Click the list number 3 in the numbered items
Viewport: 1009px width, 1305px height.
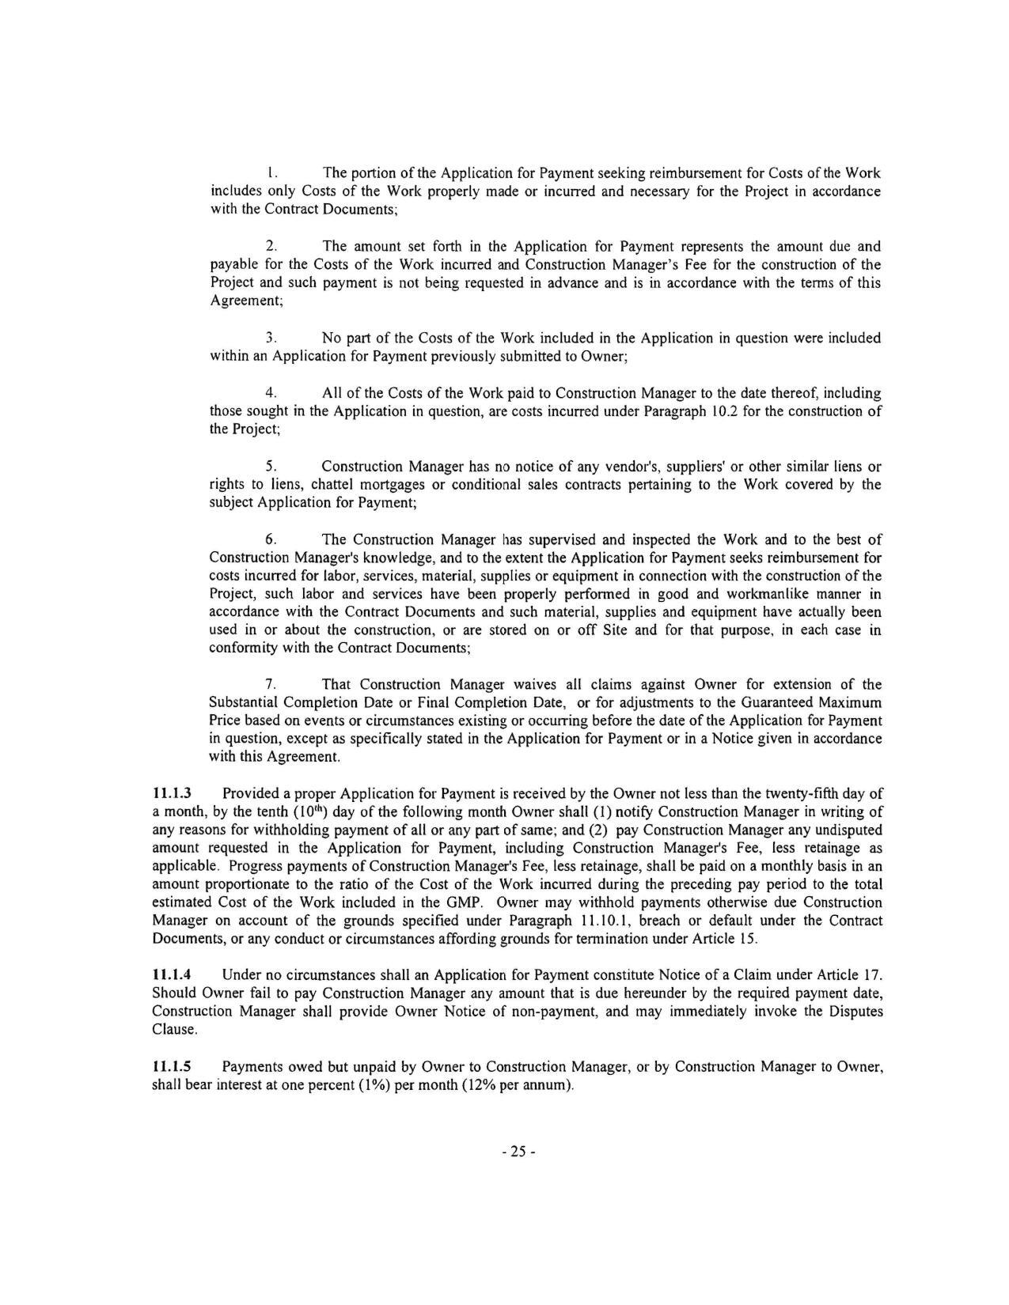pos(270,339)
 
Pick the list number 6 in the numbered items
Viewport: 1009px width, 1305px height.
pos(270,539)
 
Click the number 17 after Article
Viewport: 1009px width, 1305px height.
pos(873,974)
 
